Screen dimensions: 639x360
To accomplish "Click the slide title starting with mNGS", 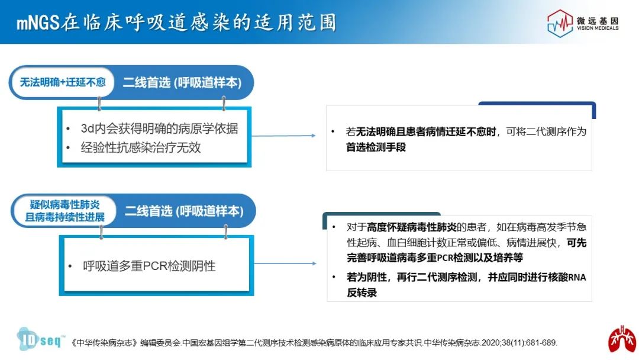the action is tap(176, 22).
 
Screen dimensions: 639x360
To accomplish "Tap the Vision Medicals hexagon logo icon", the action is tap(560, 24).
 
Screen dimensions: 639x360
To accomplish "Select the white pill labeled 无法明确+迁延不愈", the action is tap(62, 82).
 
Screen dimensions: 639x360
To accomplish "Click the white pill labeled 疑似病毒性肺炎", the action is tap(64, 211).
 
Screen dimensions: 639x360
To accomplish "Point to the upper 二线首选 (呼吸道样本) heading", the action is tap(182, 83).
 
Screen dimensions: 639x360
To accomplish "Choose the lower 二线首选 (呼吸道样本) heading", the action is tap(184, 211).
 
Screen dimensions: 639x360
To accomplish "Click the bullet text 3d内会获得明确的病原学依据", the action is tap(159, 128).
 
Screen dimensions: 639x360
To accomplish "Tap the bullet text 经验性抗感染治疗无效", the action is tap(141, 147).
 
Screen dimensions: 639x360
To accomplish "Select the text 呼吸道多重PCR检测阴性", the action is tap(149, 266).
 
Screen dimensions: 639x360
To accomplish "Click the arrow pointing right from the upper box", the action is tap(283, 136).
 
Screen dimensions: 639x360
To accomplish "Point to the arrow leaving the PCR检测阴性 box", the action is tap(285, 263).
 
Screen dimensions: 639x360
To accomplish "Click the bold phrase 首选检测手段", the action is tap(376, 147).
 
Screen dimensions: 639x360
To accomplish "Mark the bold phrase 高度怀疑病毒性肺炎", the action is tap(412, 227).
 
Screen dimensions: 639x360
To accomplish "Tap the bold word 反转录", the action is tap(362, 292).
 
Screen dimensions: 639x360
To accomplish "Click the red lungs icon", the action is tap(622, 339).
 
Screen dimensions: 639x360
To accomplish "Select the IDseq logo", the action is tap(40, 339).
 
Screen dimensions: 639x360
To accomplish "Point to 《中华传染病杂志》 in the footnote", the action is tap(104, 343).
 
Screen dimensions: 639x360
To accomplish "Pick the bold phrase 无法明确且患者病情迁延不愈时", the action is tap(426, 131).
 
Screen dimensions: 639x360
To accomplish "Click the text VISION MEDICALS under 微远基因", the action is tap(598, 28).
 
